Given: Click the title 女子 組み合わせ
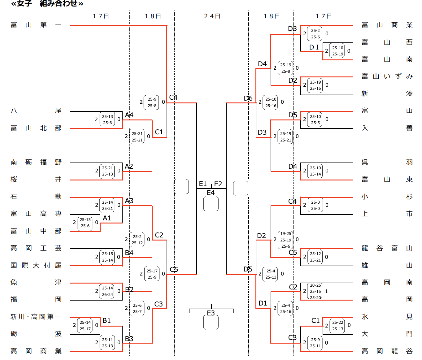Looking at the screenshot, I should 47,4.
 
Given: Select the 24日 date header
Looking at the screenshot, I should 212,16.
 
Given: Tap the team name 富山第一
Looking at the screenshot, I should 36,25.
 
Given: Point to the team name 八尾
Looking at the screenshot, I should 36,111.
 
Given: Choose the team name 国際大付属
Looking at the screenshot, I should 36,265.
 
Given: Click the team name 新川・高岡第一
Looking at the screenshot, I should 36,317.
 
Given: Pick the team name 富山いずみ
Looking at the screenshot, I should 387,76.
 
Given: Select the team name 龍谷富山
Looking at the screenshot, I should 387,248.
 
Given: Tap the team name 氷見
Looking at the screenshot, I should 387,317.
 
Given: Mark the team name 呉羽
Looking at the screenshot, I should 387,162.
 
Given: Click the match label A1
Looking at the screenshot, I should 107,218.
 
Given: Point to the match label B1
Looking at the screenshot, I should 107,321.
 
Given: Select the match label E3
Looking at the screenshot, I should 211,313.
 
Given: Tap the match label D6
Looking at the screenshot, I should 248,98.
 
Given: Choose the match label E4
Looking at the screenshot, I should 211,193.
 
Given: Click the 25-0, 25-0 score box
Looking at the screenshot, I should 315,205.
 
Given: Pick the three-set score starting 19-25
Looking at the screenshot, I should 285,240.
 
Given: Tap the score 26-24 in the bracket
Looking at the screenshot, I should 107,294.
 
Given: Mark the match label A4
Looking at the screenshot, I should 129,115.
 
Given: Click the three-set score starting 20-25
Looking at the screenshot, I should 315,291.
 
